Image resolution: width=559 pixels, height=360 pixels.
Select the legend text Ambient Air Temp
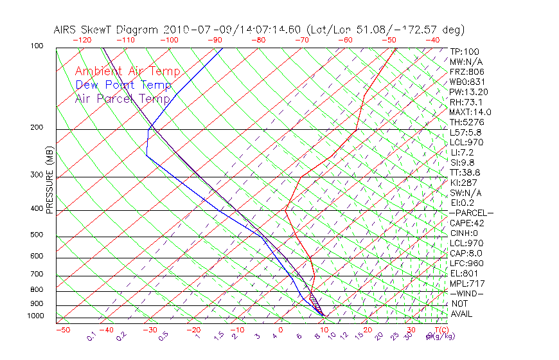(x=127, y=72)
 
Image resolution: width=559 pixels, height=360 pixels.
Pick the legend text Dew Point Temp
(x=123, y=85)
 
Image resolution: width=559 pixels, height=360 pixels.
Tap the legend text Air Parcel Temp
(x=123, y=99)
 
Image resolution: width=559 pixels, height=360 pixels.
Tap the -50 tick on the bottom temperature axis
(x=62, y=330)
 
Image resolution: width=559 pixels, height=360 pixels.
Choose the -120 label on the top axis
(x=82, y=40)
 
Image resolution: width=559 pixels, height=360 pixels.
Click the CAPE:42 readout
(x=466, y=223)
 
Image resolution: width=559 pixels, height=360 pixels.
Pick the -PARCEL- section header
(x=472, y=213)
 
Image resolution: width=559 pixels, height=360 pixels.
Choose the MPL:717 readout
(x=466, y=283)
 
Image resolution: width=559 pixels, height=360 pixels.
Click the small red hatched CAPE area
(x=313, y=299)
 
